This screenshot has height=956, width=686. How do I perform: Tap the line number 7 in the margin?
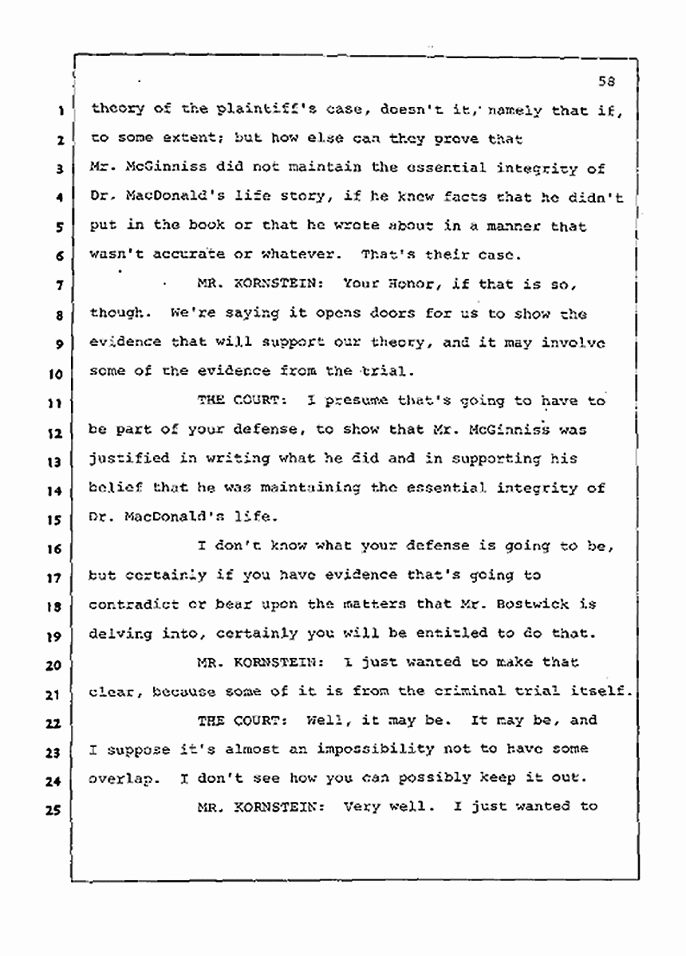tap(60, 285)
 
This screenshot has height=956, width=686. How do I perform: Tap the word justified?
tap(128, 459)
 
